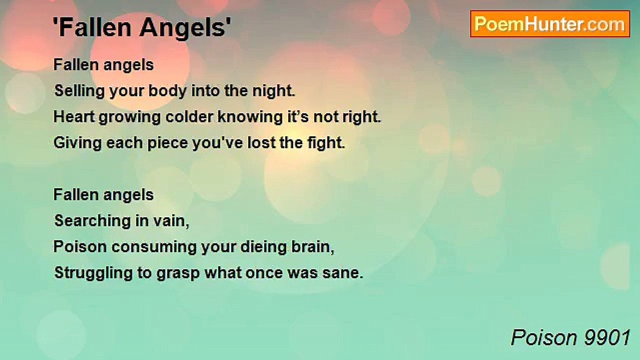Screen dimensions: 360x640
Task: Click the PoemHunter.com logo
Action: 550,24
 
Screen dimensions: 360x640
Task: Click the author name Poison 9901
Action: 570,338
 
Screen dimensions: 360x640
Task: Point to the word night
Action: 275,91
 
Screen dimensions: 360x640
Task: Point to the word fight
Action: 325,143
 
